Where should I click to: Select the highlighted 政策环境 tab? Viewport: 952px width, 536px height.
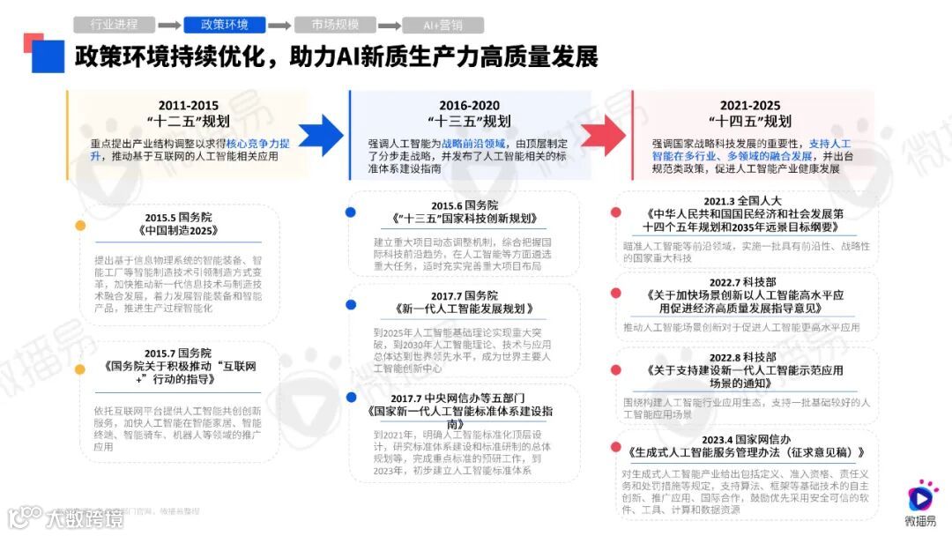pos(224,25)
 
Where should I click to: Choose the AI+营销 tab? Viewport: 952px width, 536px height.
pos(443,25)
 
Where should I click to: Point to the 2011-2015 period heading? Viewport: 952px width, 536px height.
pos(189,105)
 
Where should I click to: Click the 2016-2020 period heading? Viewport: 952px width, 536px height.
pos(469,105)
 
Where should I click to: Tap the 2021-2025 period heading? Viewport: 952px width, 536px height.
pos(750,105)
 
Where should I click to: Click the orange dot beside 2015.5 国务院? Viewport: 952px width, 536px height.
pos(80,225)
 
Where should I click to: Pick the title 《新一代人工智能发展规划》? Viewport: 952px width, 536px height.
pos(464,309)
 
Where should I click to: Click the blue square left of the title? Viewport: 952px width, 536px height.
pos(47,57)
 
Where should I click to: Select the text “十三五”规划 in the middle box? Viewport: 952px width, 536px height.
pos(469,122)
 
